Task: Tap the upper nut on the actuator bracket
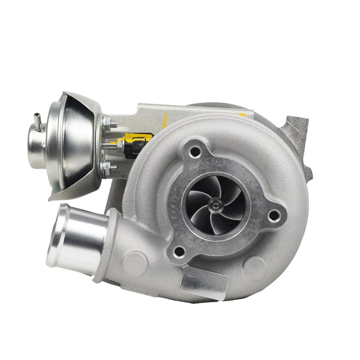109,124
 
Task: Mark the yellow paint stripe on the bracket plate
165,120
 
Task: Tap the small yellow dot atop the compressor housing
243,114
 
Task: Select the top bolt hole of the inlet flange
195,152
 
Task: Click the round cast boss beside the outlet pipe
134,263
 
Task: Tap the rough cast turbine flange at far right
298,144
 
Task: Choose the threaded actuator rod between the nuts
114,146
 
